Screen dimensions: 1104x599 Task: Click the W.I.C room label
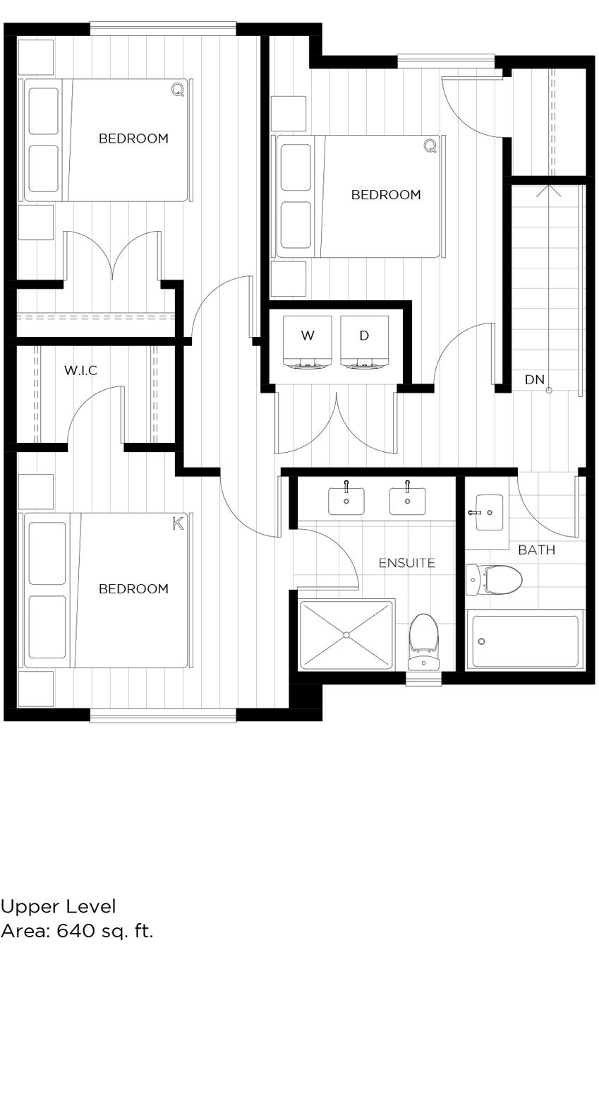click(x=80, y=370)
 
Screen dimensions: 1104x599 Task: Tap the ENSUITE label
click(x=406, y=563)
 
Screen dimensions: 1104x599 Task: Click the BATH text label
click(x=536, y=550)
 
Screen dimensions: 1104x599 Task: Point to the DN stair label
click(x=534, y=379)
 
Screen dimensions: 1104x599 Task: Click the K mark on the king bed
click(x=178, y=523)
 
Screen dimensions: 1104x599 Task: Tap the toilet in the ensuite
click(x=423, y=641)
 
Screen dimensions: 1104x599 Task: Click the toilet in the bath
click(x=495, y=580)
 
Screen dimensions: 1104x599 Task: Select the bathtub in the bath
click(x=525, y=641)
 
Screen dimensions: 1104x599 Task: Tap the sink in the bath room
click(x=488, y=512)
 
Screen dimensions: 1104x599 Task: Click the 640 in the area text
click(x=75, y=931)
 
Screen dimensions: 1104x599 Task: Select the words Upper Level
click(x=58, y=906)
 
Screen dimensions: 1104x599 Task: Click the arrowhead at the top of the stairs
click(x=548, y=189)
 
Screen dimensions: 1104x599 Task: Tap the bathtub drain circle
click(x=482, y=641)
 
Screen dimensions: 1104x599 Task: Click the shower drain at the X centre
click(x=346, y=635)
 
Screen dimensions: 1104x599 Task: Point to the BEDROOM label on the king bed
click(x=133, y=589)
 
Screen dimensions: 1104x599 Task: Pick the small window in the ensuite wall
click(x=423, y=678)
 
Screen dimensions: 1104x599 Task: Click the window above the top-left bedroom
click(x=162, y=28)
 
